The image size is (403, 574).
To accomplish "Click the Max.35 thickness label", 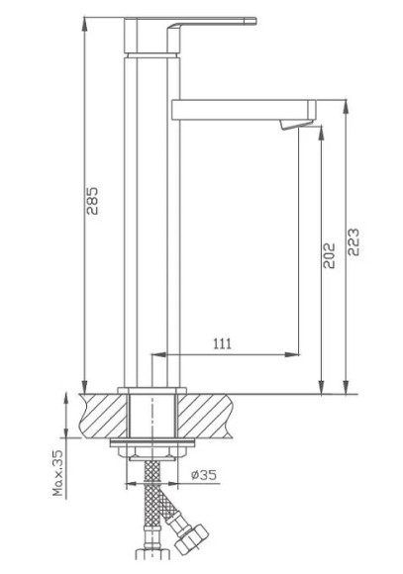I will [x=57, y=472].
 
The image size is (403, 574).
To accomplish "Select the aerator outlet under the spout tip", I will [x=290, y=124].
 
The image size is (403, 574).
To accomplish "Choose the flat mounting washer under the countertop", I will [x=153, y=445].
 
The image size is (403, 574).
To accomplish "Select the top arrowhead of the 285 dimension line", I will [x=86, y=23].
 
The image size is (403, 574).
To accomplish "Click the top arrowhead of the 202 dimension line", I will [x=320, y=132].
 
